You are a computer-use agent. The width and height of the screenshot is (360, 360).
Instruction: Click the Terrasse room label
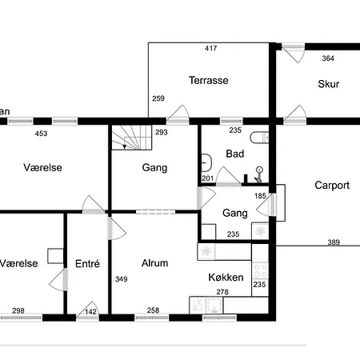click(x=209, y=80)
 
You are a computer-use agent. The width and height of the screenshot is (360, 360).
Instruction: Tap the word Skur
click(x=329, y=84)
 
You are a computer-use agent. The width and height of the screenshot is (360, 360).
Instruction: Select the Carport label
click(x=332, y=186)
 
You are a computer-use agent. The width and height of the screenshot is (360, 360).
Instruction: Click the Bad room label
click(x=235, y=154)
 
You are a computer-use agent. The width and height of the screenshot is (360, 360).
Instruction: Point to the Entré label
click(x=87, y=264)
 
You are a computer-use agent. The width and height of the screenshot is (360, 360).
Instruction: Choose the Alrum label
click(x=155, y=263)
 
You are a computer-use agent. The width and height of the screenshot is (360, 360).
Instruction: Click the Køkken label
click(x=226, y=278)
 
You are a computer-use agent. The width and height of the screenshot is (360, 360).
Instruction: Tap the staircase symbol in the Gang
click(x=132, y=138)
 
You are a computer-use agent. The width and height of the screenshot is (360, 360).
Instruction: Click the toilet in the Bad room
click(x=259, y=138)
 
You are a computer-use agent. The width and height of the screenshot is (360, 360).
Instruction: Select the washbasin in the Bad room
click(x=206, y=162)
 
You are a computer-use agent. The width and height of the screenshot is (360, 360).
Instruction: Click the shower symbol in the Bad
click(x=258, y=174)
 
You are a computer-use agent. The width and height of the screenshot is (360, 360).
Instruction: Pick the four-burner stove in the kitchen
click(x=260, y=271)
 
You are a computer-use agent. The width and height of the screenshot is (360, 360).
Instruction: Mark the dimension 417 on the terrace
click(x=211, y=48)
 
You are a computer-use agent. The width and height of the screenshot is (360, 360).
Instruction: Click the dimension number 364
click(x=328, y=58)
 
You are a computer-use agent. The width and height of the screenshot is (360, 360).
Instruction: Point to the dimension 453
click(x=41, y=134)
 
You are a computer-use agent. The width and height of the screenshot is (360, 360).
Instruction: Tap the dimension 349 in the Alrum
click(x=122, y=279)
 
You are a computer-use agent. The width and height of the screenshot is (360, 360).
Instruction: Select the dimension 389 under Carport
click(x=334, y=242)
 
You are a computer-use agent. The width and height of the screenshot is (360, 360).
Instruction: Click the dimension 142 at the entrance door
click(x=90, y=311)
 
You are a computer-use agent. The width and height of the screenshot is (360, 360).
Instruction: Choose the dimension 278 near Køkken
click(x=222, y=292)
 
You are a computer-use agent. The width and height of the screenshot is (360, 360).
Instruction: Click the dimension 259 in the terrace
click(x=158, y=98)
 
